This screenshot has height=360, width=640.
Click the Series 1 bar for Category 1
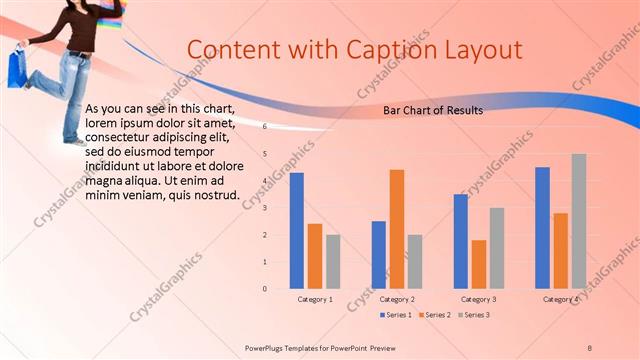click(297, 231)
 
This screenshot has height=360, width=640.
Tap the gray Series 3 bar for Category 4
click(579, 221)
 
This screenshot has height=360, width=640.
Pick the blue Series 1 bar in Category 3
click(461, 241)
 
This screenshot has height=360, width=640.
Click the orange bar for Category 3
click(479, 264)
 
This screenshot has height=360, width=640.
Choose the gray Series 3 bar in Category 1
click(333, 262)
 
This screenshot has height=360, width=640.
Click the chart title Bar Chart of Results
click(433, 111)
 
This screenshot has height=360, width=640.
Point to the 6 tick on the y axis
click(265, 127)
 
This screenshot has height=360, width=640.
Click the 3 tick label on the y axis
click(265, 208)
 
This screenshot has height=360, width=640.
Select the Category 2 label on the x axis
click(397, 299)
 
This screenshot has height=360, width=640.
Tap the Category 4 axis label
click(561, 299)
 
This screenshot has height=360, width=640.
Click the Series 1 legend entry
click(396, 315)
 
